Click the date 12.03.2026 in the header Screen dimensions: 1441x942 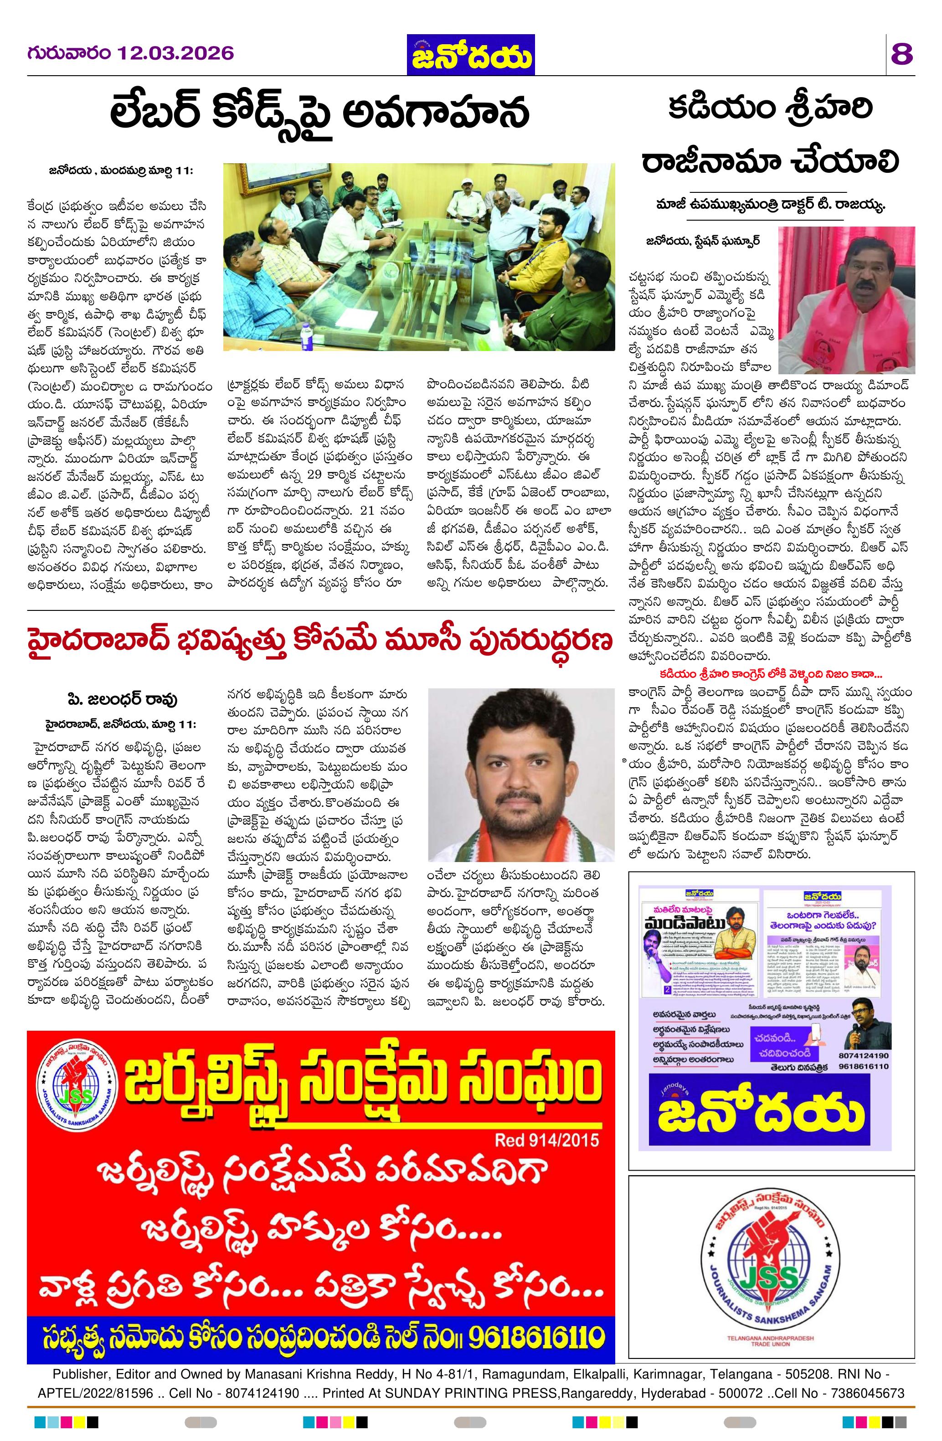175,53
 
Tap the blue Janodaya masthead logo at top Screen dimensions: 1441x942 470,55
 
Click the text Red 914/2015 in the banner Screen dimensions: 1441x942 547,1140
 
